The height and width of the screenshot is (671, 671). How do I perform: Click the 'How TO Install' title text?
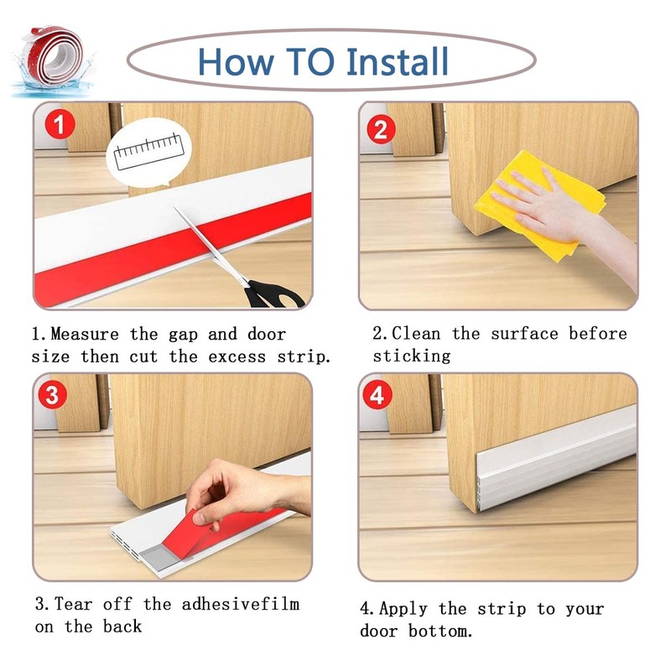click(324, 61)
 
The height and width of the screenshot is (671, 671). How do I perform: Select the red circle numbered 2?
click(382, 130)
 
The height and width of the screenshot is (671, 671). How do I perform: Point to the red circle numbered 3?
click(52, 396)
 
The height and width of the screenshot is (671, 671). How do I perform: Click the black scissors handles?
click(273, 294)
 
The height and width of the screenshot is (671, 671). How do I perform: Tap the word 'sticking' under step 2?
click(412, 356)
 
